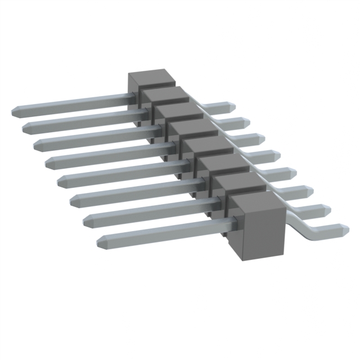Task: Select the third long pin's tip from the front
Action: point(73,199)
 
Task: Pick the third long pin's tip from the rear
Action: point(37,145)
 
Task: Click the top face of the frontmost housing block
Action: point(256,204)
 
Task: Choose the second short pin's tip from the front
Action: point(326,210)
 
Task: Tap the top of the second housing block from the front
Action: point(238,183)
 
